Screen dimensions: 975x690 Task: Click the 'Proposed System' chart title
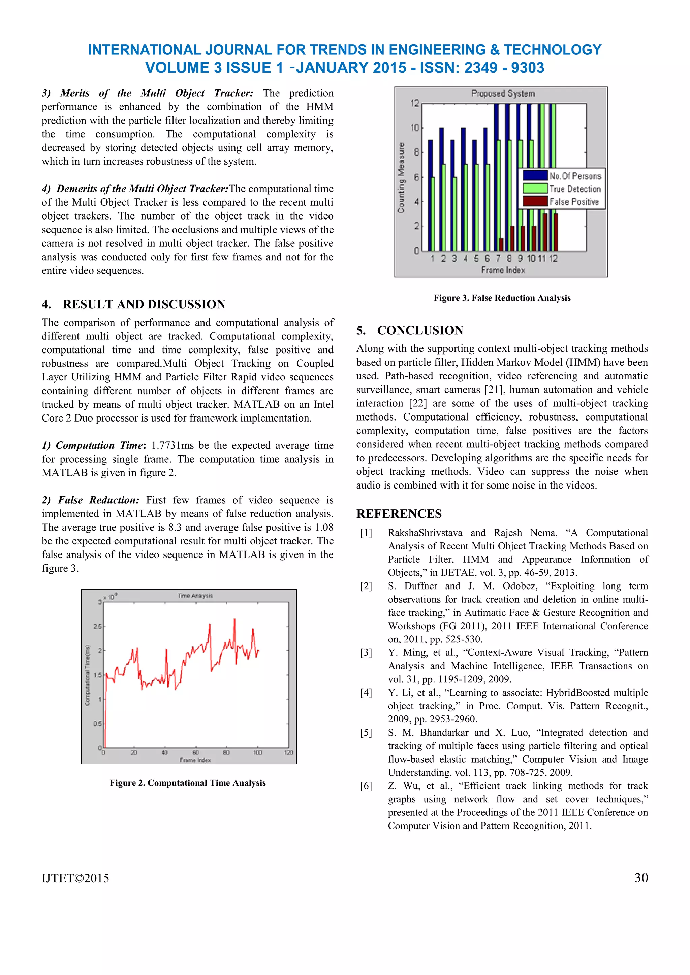(x=503, y=93)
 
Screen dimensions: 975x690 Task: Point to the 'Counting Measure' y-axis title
(x=401, y=177)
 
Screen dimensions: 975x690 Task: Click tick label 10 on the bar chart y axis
(x=414, y=128)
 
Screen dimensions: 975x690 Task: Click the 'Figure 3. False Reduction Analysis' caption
(x=502, y=298)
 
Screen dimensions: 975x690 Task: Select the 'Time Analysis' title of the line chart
(x=195, y=596)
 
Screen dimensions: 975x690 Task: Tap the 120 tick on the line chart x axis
(x=288, y=752)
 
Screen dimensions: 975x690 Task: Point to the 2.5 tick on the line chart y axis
(x=97, y=626)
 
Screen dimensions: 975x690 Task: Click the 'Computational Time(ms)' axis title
(x=88, y=675)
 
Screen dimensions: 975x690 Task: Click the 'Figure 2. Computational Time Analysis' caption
(x=187, y=783)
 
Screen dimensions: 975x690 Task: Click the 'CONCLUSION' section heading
(x=420, y=330)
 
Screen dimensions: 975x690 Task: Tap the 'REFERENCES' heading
(x=399, y=514)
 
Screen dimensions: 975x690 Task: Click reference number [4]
(x=366, y=693)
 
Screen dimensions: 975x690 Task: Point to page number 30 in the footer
(x=641, y=878)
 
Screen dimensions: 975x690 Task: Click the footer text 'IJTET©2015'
(x=75, y=878)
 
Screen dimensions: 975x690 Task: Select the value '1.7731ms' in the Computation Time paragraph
(x=172, y=445)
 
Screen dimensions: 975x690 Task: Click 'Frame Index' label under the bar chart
(x=503, y=270)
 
